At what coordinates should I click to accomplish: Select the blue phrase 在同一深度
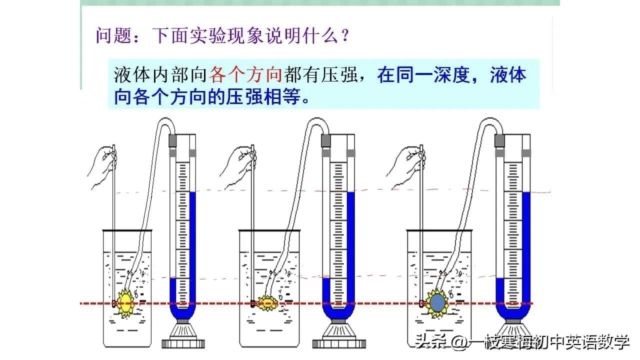[421, 75]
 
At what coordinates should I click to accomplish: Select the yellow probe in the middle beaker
[265, 302]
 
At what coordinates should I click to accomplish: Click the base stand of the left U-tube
[184, 335]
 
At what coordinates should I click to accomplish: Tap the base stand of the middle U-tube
[334, 335]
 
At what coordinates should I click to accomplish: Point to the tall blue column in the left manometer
[192, 250]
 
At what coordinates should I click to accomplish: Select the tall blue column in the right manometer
[525, 250]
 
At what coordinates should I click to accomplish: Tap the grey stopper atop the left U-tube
[173, 140]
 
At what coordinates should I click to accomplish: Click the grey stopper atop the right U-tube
[498, 140]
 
